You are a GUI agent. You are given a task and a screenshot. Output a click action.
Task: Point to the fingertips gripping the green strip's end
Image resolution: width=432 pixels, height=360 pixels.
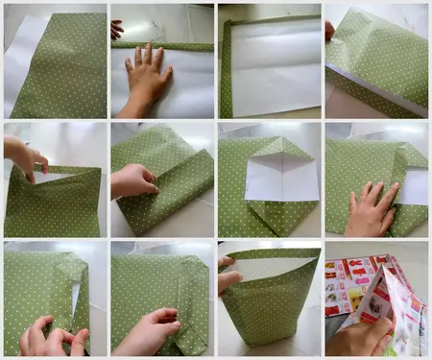point(116,30)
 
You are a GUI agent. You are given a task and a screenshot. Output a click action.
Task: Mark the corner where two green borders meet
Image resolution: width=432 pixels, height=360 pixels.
point(228,24)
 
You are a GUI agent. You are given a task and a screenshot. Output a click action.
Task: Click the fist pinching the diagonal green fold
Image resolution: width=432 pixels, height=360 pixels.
point(132,181)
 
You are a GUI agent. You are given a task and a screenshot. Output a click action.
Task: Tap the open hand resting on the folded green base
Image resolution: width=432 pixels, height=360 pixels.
point(371,208)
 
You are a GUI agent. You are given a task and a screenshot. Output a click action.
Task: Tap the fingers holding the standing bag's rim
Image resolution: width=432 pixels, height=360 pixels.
point(228,273)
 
